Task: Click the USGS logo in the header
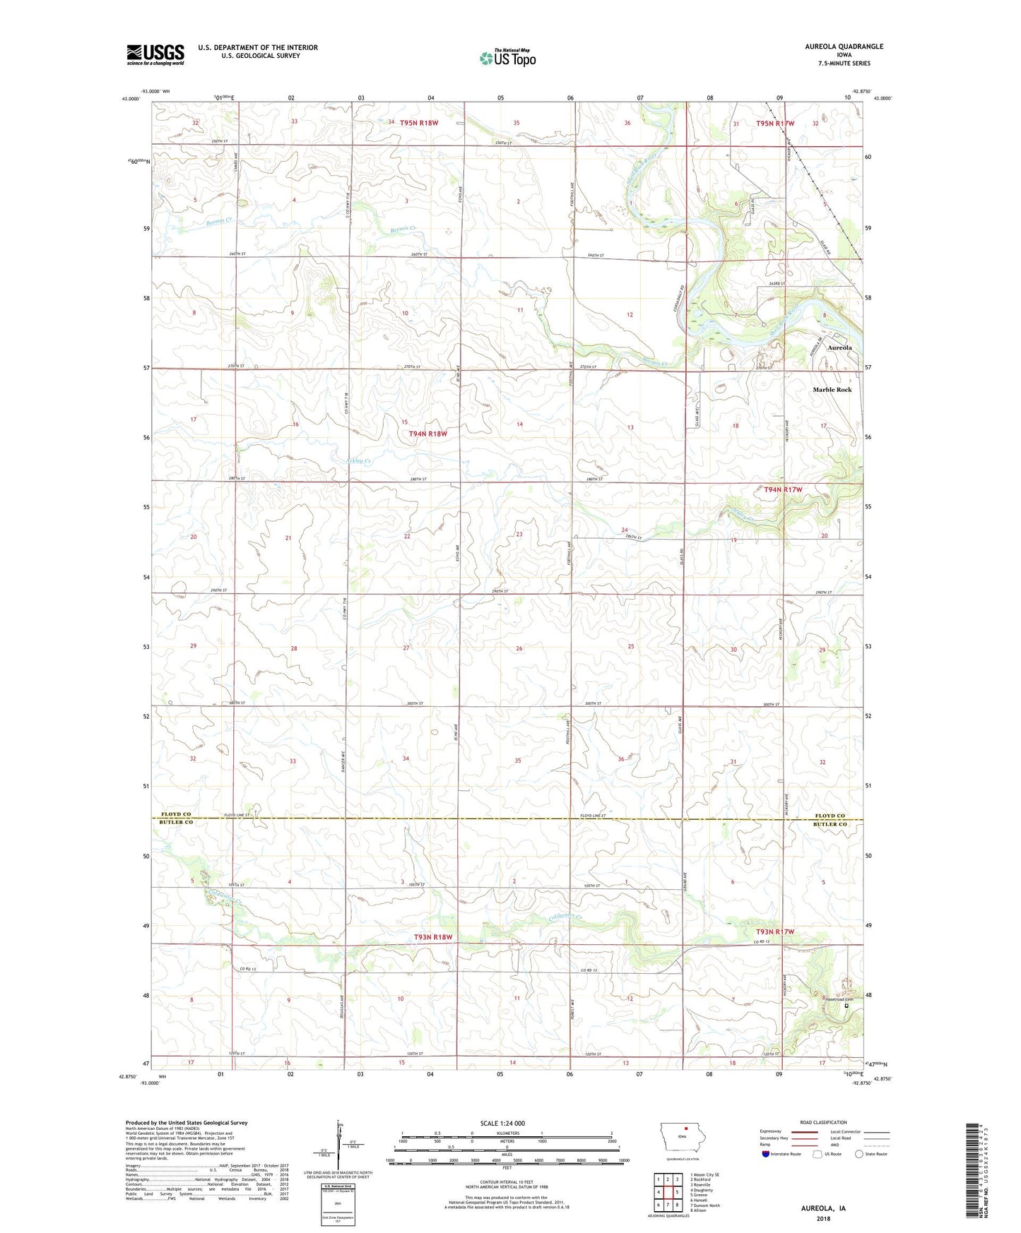[x=155, y=54]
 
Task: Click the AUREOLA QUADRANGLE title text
[x=844, y=47]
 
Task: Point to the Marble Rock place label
[x=832, y=390]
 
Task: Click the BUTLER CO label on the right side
[x=830, y=824]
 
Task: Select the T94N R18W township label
[x=427, y=434]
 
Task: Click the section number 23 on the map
[x=519, y=534]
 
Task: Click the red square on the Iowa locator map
[x=685, y=1148]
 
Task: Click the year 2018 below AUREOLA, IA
[x=823, y=1218]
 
